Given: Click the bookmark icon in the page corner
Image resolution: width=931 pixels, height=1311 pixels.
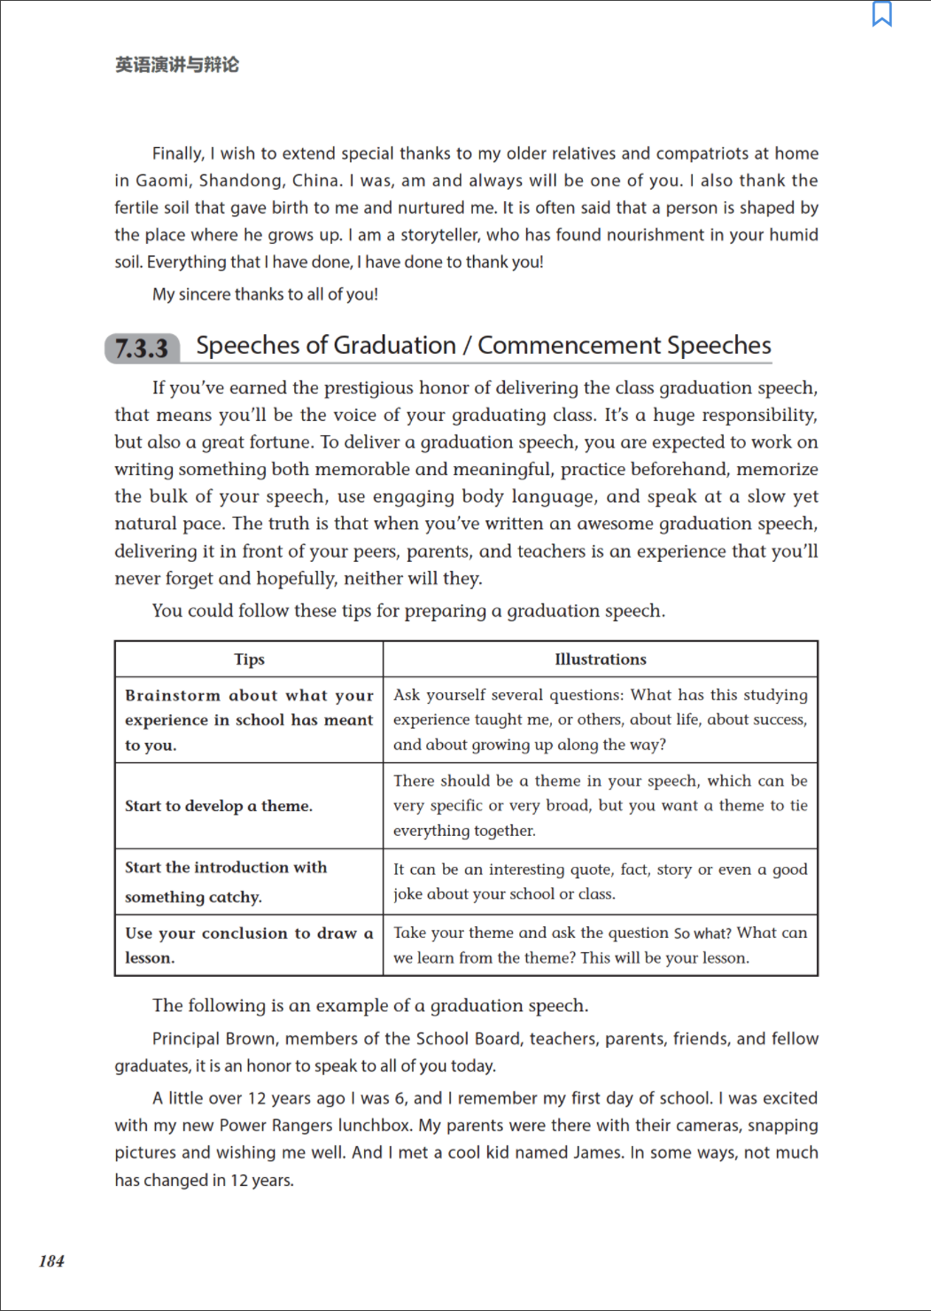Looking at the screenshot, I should coord(882,14).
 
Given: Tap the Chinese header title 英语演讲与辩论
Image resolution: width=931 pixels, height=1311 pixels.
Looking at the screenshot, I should coord(177,65).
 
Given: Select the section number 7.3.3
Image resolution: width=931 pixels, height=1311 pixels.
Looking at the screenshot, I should coord(142,348).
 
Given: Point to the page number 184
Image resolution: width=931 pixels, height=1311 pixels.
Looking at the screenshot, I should coord(51,1260).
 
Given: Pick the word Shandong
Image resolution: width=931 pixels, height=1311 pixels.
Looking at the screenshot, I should coord(240,181).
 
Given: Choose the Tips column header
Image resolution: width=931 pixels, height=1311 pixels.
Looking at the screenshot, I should coord(249,659).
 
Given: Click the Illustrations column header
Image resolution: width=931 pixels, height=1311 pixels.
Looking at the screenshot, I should coord(600,659).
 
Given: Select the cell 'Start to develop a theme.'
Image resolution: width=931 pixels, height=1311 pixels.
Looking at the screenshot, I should coord(219,806).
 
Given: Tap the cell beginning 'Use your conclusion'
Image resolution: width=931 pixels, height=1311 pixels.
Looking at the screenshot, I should coord(249,945).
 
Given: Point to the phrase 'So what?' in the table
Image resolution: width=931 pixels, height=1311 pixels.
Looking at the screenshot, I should coord(702,933).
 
